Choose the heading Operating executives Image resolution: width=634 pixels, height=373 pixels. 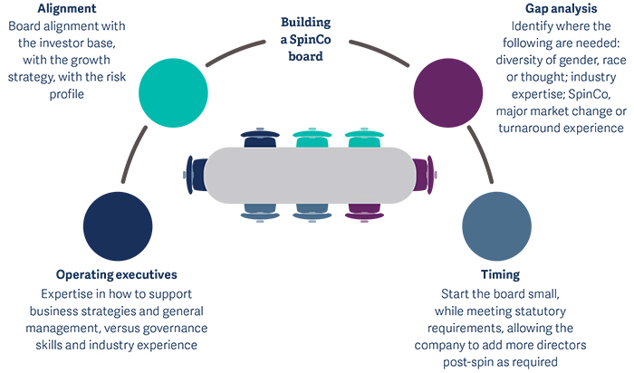click(x=116, y=274)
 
